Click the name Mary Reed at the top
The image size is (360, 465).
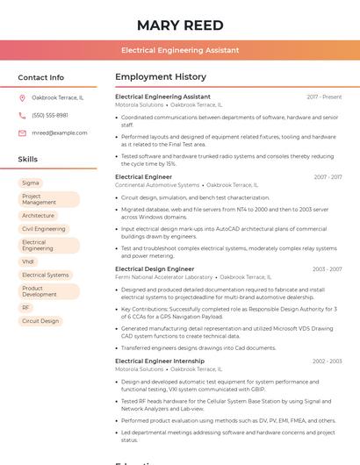coord(180,25)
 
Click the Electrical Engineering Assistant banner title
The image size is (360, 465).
coord(180,50)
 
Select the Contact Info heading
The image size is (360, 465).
coord(41,77)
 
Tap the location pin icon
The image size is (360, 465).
coord(22,97)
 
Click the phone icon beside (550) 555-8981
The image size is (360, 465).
coord(22,115)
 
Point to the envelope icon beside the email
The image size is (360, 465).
coord(22,132)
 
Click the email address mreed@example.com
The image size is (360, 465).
coord(60,132)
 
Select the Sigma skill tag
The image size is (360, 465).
coord(31,183)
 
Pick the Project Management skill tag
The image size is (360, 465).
coord(49,199)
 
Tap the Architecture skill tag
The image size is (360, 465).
coord(39,216)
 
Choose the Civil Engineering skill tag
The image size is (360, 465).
coord(44,229)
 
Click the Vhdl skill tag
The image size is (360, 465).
coord(29,261)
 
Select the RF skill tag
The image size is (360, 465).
coord(26,308)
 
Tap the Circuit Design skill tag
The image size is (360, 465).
coord(40,321)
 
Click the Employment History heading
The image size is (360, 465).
coord(161,77)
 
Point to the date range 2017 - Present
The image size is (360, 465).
coord(324,97)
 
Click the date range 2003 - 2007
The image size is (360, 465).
coord(327,269)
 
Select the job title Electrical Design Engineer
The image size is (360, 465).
coord(155,269)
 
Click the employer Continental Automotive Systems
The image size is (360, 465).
coord(157,185)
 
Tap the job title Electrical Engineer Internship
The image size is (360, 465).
coord(160,361)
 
